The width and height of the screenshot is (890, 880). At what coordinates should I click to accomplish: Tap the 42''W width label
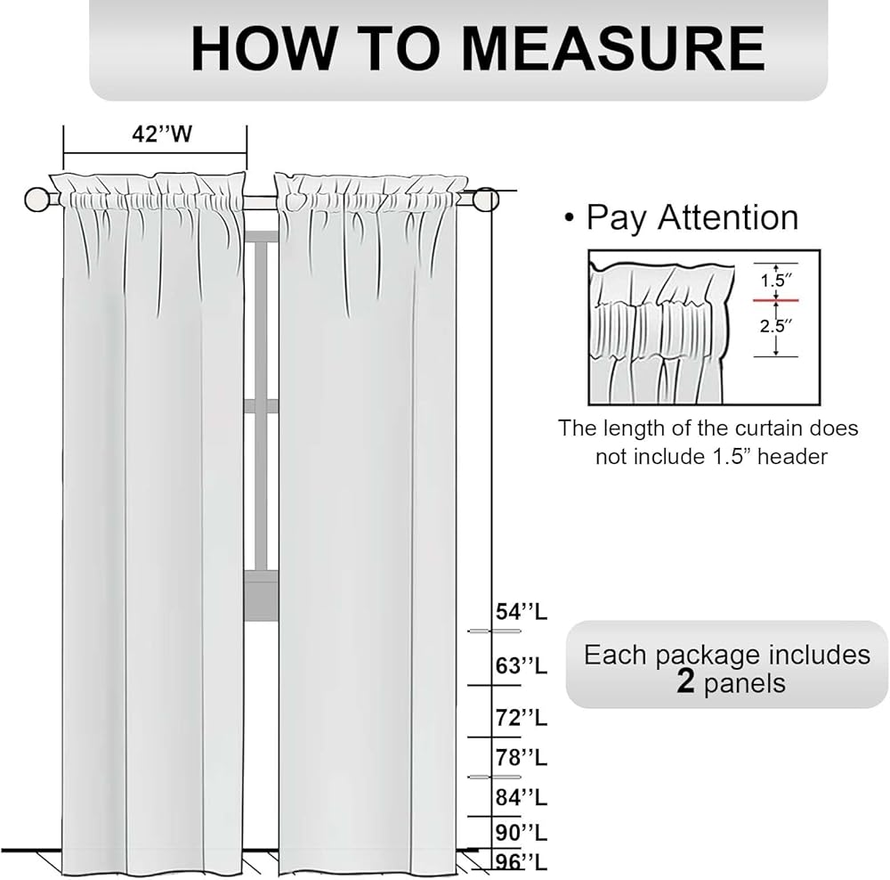coord(163,134)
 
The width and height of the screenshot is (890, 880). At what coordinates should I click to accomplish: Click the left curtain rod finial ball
coord(36,199)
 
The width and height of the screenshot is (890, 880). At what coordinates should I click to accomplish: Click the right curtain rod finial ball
coord(486,200)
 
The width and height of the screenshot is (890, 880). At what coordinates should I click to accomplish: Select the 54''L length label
coord(522,612)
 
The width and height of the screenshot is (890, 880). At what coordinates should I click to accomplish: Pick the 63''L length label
coord(522,665)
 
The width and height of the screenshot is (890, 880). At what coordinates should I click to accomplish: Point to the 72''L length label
coord(522,717)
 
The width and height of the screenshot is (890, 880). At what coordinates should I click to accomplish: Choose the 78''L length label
coord(522,758)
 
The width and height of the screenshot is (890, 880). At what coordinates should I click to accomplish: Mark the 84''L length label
coord(522,796)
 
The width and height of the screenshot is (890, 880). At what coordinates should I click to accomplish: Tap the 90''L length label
coord(522,833)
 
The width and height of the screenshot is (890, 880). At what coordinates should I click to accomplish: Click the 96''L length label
coord(522,861)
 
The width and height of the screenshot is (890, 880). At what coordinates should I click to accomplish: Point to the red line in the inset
coord(775,300)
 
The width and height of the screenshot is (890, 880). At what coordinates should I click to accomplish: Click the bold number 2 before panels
coord(685,683)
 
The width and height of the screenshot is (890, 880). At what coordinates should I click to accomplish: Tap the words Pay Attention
coord(692,218)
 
